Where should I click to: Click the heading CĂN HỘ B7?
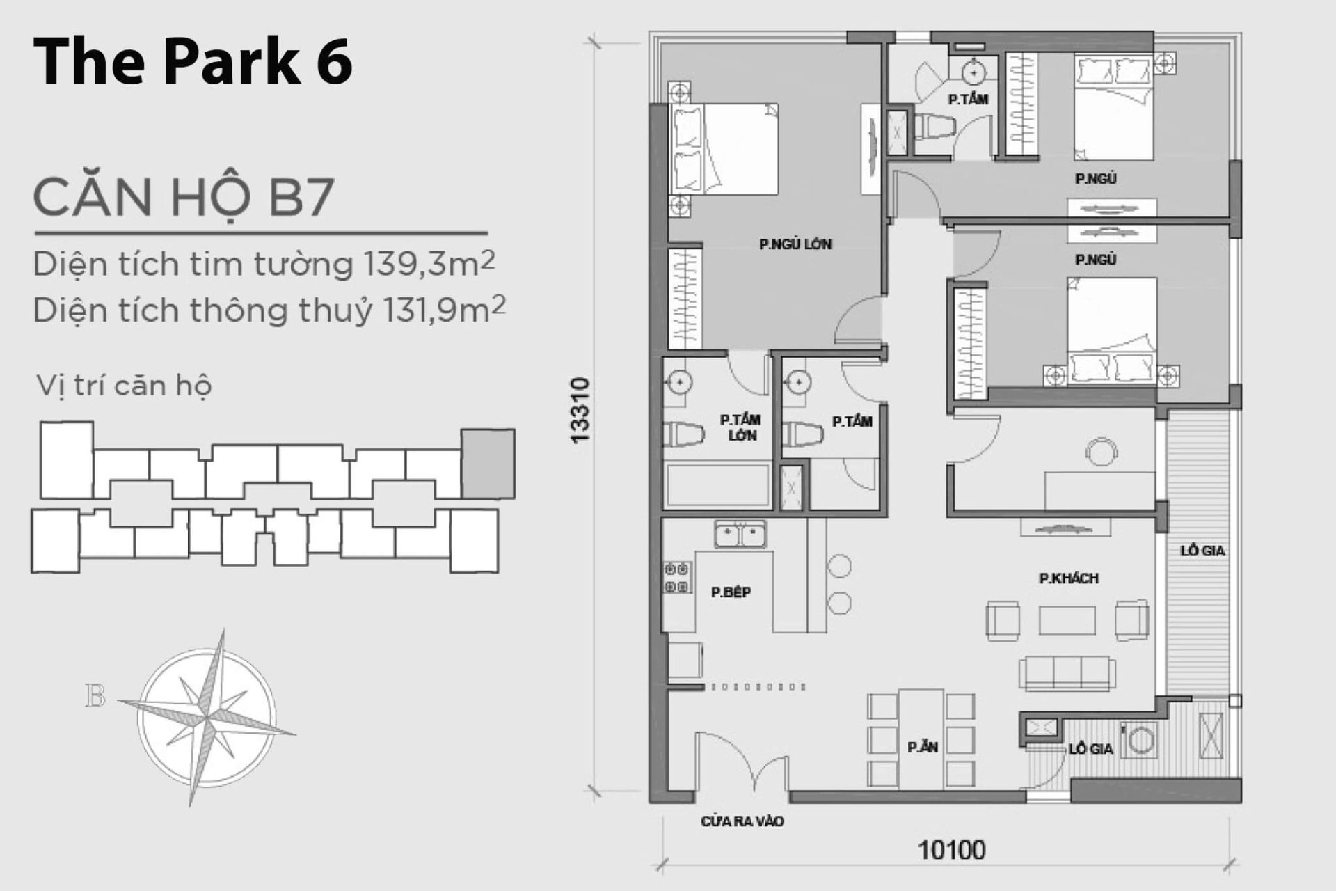pyautogui.click(x=184, y=198)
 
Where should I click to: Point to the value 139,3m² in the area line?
pyautogui.click(x=429, y=264)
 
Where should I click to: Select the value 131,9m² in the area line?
pyautogui.click(x=444, y=310)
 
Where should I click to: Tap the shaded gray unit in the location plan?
pyautogui.click(x=488, y=463)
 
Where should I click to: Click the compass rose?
pyautogui.click(x=207, y=717)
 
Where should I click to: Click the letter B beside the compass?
pyautogui.click(x=95, y=696)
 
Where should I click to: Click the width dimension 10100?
pyautogui.click(x=951, y=850)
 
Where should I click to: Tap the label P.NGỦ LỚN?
pyautogui.click(x=795, y=244)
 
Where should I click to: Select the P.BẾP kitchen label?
pyautogui.click(x=731, y=592)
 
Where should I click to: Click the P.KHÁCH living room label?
pyautogui.click(x=1069, y=578)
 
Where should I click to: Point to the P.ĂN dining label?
pyautogui.click(x=923, y=748)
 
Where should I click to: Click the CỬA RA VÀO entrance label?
pyautogui.click(x=742, y=822)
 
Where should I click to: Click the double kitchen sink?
pyautogui.click(x=740, y=535)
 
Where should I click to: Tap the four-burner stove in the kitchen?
pyautogui.click(x=677, y=578)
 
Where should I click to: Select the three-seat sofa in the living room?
pyautogui.click(x=1067, y=672)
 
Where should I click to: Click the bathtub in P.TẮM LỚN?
pyautogui.click(x=717, y=485)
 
